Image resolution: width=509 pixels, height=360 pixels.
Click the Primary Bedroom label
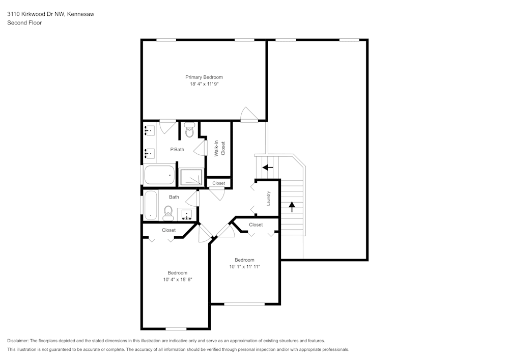coord(204,77)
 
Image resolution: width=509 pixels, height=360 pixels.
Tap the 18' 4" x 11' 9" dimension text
coord(204,84)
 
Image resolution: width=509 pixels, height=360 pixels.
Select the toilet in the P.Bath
coord(189,130)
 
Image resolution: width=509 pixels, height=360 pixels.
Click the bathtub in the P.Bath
coord(159,175)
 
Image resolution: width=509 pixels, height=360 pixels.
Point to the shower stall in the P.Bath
coord(191,177)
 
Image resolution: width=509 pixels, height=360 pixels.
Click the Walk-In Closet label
coord(220,148)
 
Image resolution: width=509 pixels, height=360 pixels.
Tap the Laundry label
coord(268,198)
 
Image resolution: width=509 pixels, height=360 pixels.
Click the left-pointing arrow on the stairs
coord(268,168)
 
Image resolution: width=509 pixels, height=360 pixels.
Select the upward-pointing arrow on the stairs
coord(292,207)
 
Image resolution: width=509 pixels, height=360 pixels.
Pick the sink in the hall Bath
coord(187,214)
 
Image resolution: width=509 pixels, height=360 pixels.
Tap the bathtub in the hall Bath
coord(151,205)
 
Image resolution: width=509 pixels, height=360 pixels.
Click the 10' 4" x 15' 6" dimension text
coord(178,280)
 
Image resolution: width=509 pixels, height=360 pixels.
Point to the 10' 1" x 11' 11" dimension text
coord(244,267)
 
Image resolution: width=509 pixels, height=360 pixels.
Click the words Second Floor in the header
coord(24,23)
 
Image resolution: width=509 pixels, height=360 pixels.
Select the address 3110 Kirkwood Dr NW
coord(36,14)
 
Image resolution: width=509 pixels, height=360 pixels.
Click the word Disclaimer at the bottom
coord(17,341)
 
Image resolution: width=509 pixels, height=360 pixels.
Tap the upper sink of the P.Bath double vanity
coord(149,131)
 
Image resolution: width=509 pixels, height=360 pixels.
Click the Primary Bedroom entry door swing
coord(249,114)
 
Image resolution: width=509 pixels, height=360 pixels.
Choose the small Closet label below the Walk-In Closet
coord(218,183)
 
